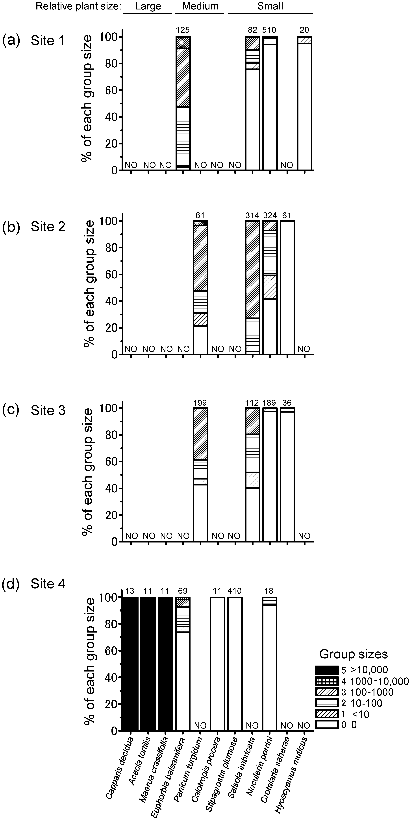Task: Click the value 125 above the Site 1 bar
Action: pyautogui.click(x=183, y=30)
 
